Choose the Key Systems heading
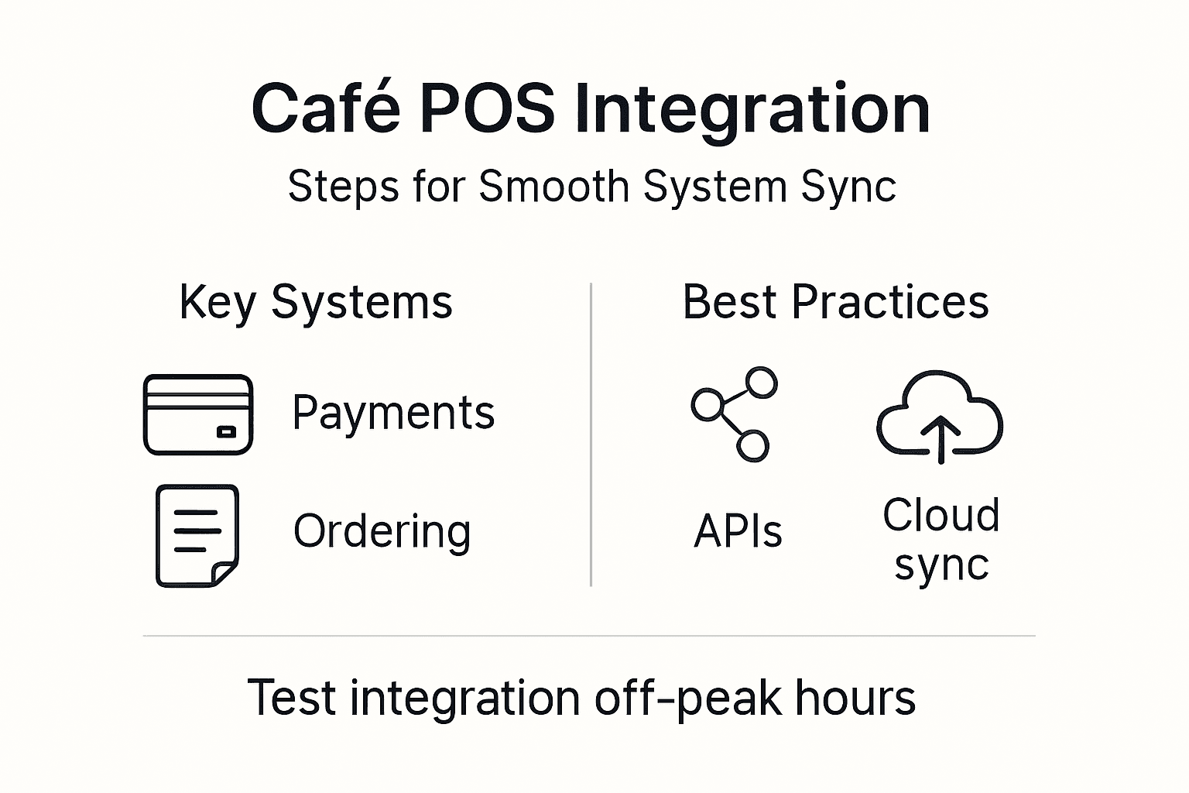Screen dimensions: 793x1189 click(x=316, y=302)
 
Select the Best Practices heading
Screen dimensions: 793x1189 click(x=835, y=302)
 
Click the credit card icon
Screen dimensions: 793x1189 click(x=198, y=414)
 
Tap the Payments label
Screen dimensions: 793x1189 click(x=393, y=413)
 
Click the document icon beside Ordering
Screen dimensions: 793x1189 click(x=197, y=535)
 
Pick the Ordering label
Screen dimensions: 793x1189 click(x=382, y=532)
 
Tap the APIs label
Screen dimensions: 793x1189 click(x=738, y=532)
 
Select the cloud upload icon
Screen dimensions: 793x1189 click(x=940, y=416)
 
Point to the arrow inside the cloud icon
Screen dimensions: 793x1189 click(x=940, y=438)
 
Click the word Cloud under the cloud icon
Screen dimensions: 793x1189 click(x=941, y=515)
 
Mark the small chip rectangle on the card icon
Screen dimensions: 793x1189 click(x=226, y=432)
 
